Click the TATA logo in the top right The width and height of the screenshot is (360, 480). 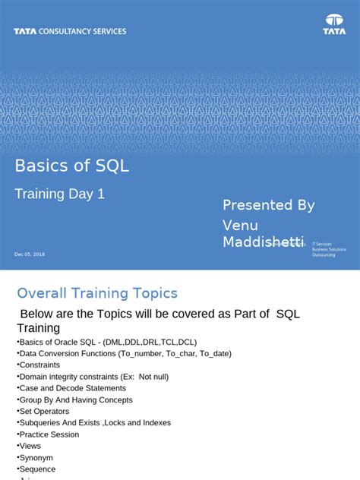click(334, 24)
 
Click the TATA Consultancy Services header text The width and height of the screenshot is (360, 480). click(70, 31)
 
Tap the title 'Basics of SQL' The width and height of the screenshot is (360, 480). click(72, 166)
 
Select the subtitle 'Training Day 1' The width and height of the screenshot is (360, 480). click(60, 194)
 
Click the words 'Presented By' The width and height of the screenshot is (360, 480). click(268, 205)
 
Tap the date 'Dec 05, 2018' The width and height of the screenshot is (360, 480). click(30, 254)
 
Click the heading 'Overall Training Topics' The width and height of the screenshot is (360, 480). click(97, 293)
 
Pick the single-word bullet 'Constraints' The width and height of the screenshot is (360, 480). click(39, 365)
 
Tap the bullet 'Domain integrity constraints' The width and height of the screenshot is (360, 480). click(93, 376)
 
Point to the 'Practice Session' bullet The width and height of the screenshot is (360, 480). click(49, 434)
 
